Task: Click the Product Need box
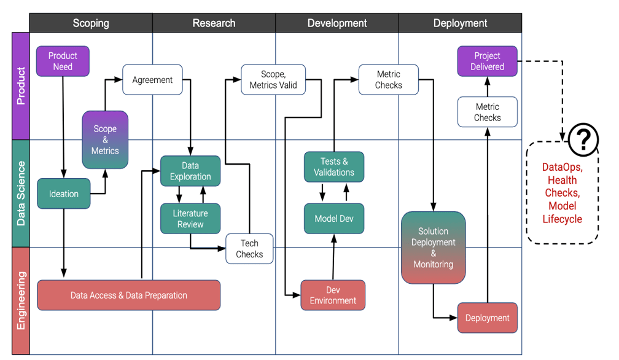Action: pos(63,61)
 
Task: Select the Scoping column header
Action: pos(91,23)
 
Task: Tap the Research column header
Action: pos(214,23)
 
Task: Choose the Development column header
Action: pos(337,23)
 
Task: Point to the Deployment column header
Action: pos(460,23)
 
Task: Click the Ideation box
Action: pos(64,194)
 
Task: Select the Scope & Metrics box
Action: pos(105,139)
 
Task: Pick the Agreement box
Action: pos(152,80)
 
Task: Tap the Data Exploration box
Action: pos(190,171)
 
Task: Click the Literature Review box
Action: pos(190,219)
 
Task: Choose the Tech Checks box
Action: pos(249,249)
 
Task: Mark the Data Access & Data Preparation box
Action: pos(129,295)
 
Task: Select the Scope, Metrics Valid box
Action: pos(273,80)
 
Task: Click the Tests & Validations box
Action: pos(334,167)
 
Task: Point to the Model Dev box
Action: pos(334,219)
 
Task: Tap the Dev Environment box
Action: pos(333,295)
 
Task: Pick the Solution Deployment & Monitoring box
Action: pos(434,248)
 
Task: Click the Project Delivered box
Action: pos(488,61)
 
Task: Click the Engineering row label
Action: pos(21,301)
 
